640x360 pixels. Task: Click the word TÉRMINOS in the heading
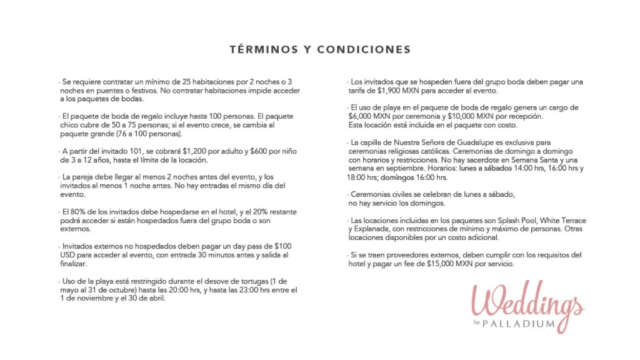click(x=260, y=49)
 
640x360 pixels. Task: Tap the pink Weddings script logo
click(x=527, y=301)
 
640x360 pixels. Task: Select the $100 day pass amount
click(x=281, y=246)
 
